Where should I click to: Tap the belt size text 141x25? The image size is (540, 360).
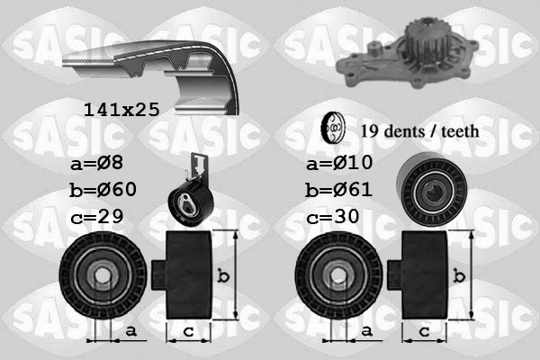point(121,109)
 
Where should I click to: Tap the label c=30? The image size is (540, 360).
point(334,217)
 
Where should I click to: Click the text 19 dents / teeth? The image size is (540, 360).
point(418,131)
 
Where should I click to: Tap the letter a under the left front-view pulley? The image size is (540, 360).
point(131,333)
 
